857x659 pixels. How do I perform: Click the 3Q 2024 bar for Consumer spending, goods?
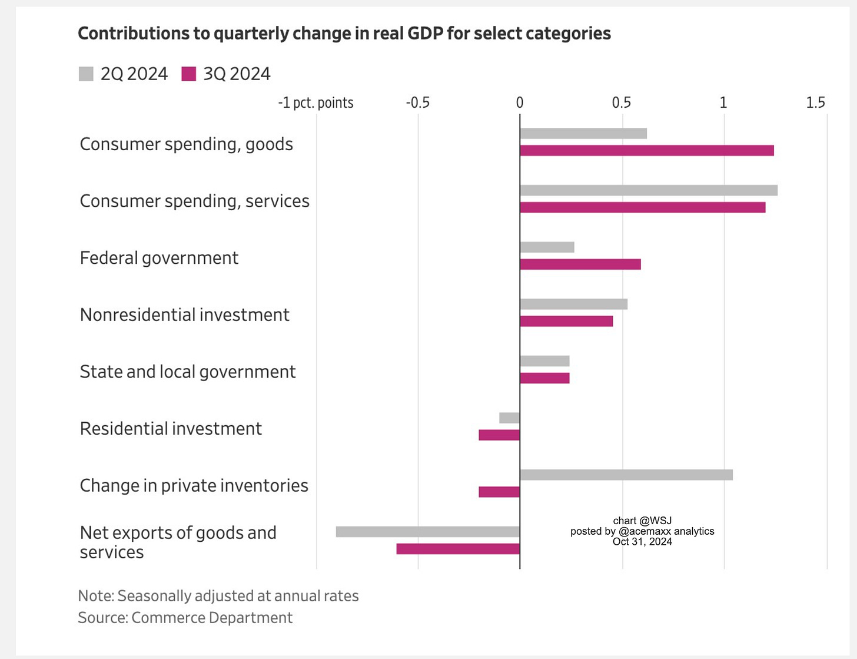click(x=647, y=150)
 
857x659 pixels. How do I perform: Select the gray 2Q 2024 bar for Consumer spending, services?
click(x=649, y=190)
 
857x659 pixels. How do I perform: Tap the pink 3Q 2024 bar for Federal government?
click(x=580, y=264)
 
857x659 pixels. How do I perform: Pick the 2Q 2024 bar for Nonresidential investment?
click(x=574, y=304)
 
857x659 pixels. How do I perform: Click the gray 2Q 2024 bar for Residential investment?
click(x=509, y=418)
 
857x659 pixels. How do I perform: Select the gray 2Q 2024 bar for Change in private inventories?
click(x=626, y=475)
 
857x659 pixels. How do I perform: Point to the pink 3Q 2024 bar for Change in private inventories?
click(x=499, y=492)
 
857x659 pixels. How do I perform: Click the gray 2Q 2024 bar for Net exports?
click(x=427, y=532)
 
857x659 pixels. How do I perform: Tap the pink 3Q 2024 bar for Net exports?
click(x=458, y=549)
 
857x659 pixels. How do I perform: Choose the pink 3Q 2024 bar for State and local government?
click(x=544, y=378)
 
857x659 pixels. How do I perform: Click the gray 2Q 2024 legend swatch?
click(x=86, y=74)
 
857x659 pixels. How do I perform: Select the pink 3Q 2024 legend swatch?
click(x=188, y=74)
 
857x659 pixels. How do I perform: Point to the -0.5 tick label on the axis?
click(x=418, y=102)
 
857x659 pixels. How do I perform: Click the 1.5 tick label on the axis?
click(x=815, y=102)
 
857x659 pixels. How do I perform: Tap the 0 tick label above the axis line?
click(x=520, y=102)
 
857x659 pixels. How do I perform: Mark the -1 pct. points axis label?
click(x=315, y=103)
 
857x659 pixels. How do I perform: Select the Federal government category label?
click(x=159, y=259)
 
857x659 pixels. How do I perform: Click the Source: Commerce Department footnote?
click(x=185, y=618)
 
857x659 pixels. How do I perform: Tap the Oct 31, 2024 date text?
click(x=642, y=541)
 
